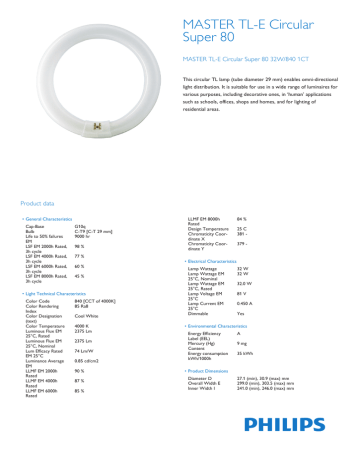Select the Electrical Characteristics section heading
pyautogui.click(x=223, y=260)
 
